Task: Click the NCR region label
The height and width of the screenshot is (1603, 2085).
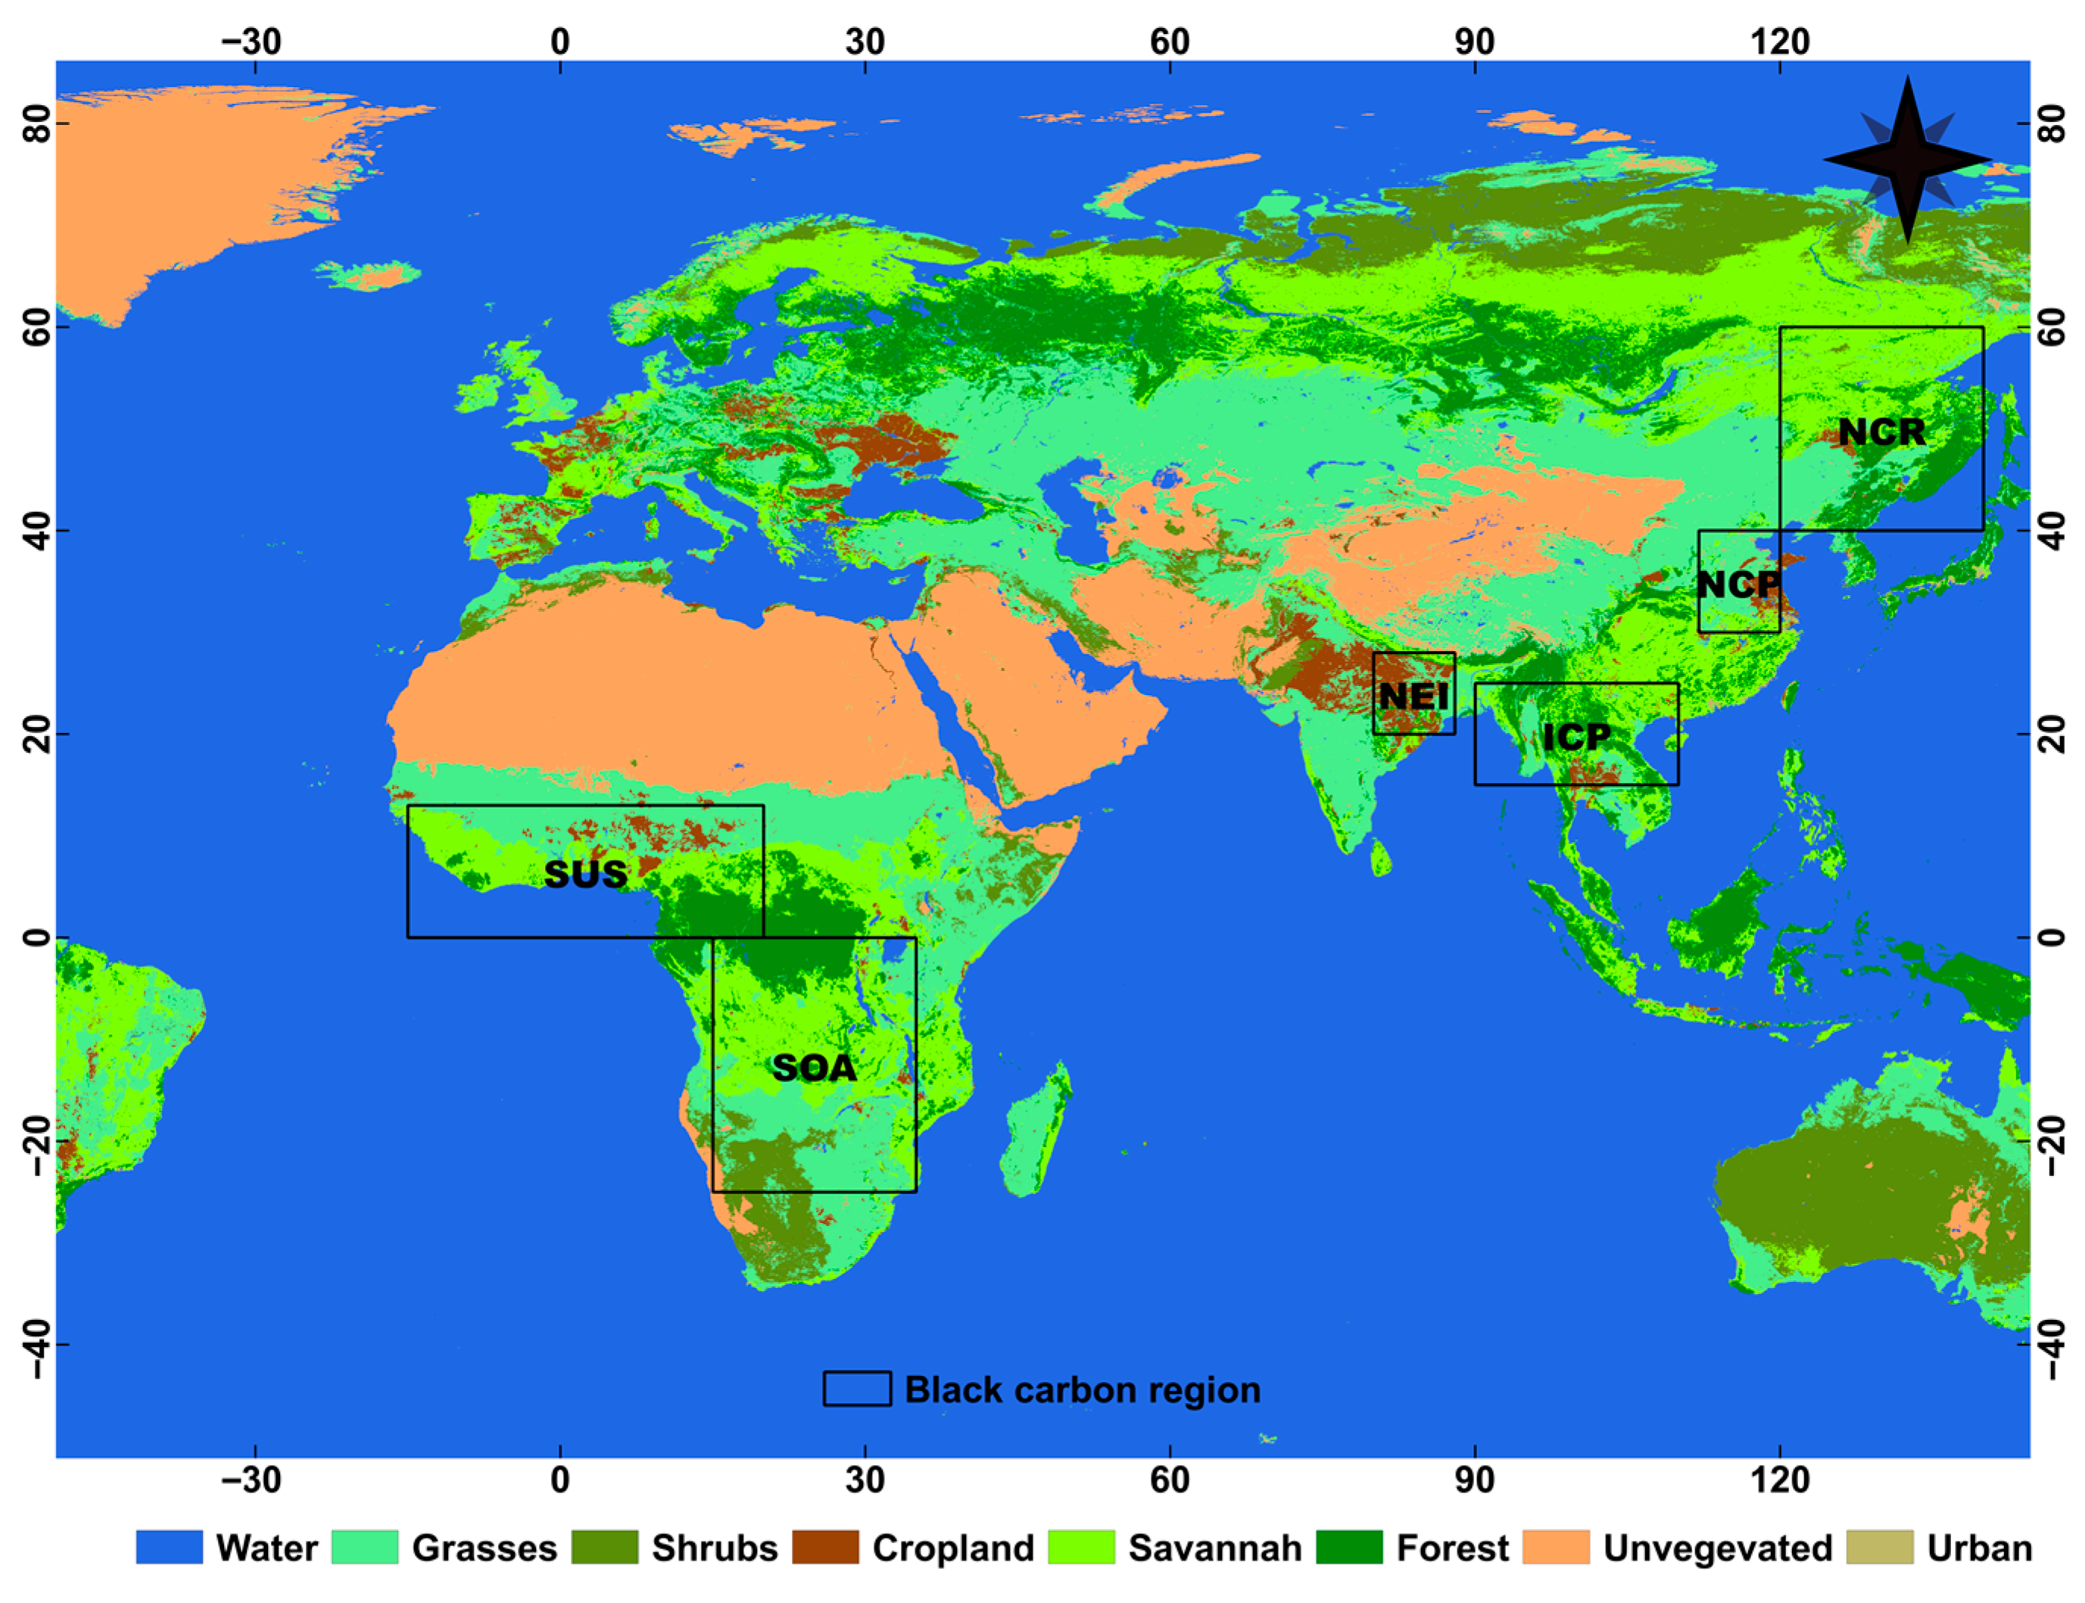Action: [1881, 432]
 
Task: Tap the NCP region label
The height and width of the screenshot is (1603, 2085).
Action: [1737, 584]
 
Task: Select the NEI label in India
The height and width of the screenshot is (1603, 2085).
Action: [1413, 697]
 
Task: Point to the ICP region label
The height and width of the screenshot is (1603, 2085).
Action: [1575, 737]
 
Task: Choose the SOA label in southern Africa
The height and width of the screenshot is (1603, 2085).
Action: [814, 1068]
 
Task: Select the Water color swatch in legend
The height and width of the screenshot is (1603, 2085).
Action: [169, 1548]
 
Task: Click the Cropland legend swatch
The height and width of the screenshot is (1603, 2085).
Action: [825, 1548]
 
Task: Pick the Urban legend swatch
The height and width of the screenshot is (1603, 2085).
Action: [1879, 1548]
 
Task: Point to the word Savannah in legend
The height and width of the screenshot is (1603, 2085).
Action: [1214, 1548]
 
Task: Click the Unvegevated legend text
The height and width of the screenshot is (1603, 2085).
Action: [1717, 1548]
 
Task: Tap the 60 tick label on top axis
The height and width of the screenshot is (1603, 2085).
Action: [1170, 41]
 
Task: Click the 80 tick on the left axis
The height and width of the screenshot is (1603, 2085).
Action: [36, 124]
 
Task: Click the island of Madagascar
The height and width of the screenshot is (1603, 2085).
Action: [1035, 1131]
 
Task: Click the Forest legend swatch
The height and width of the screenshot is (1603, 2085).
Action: [1348, 1548]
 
